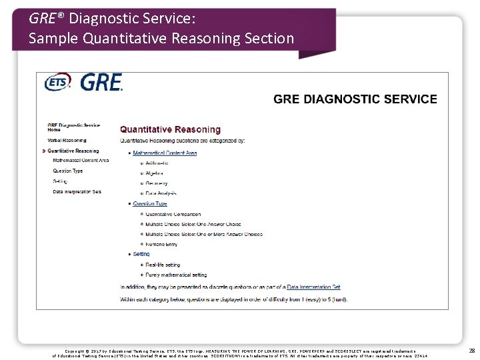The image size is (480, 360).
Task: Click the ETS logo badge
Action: (x=58, y=83)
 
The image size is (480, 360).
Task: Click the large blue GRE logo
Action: (x=101, y=83)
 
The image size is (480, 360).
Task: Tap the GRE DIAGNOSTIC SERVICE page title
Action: (x=355, y=99)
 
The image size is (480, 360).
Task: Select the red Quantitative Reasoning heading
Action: (x=170, y=129)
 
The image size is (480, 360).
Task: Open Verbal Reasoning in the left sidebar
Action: (x=67, y=141)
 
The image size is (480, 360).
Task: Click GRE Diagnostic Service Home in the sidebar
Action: (x=73, y=127)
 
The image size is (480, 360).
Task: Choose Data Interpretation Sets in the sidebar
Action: (x=77, y=192)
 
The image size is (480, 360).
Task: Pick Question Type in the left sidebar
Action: (x=68, y=171)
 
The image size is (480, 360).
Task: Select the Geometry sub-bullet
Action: (x=156, y=183)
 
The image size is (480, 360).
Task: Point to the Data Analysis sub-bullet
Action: (x=159, y=193)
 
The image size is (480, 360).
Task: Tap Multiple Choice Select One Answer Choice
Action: (x=193, y=224)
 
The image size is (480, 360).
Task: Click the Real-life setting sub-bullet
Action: (x=163, y=265)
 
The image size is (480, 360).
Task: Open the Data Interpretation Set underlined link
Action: (x=313, y=287)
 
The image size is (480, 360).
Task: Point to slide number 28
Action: (x=471, y=350)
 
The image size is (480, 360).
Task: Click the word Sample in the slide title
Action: (x=51, y=39)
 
